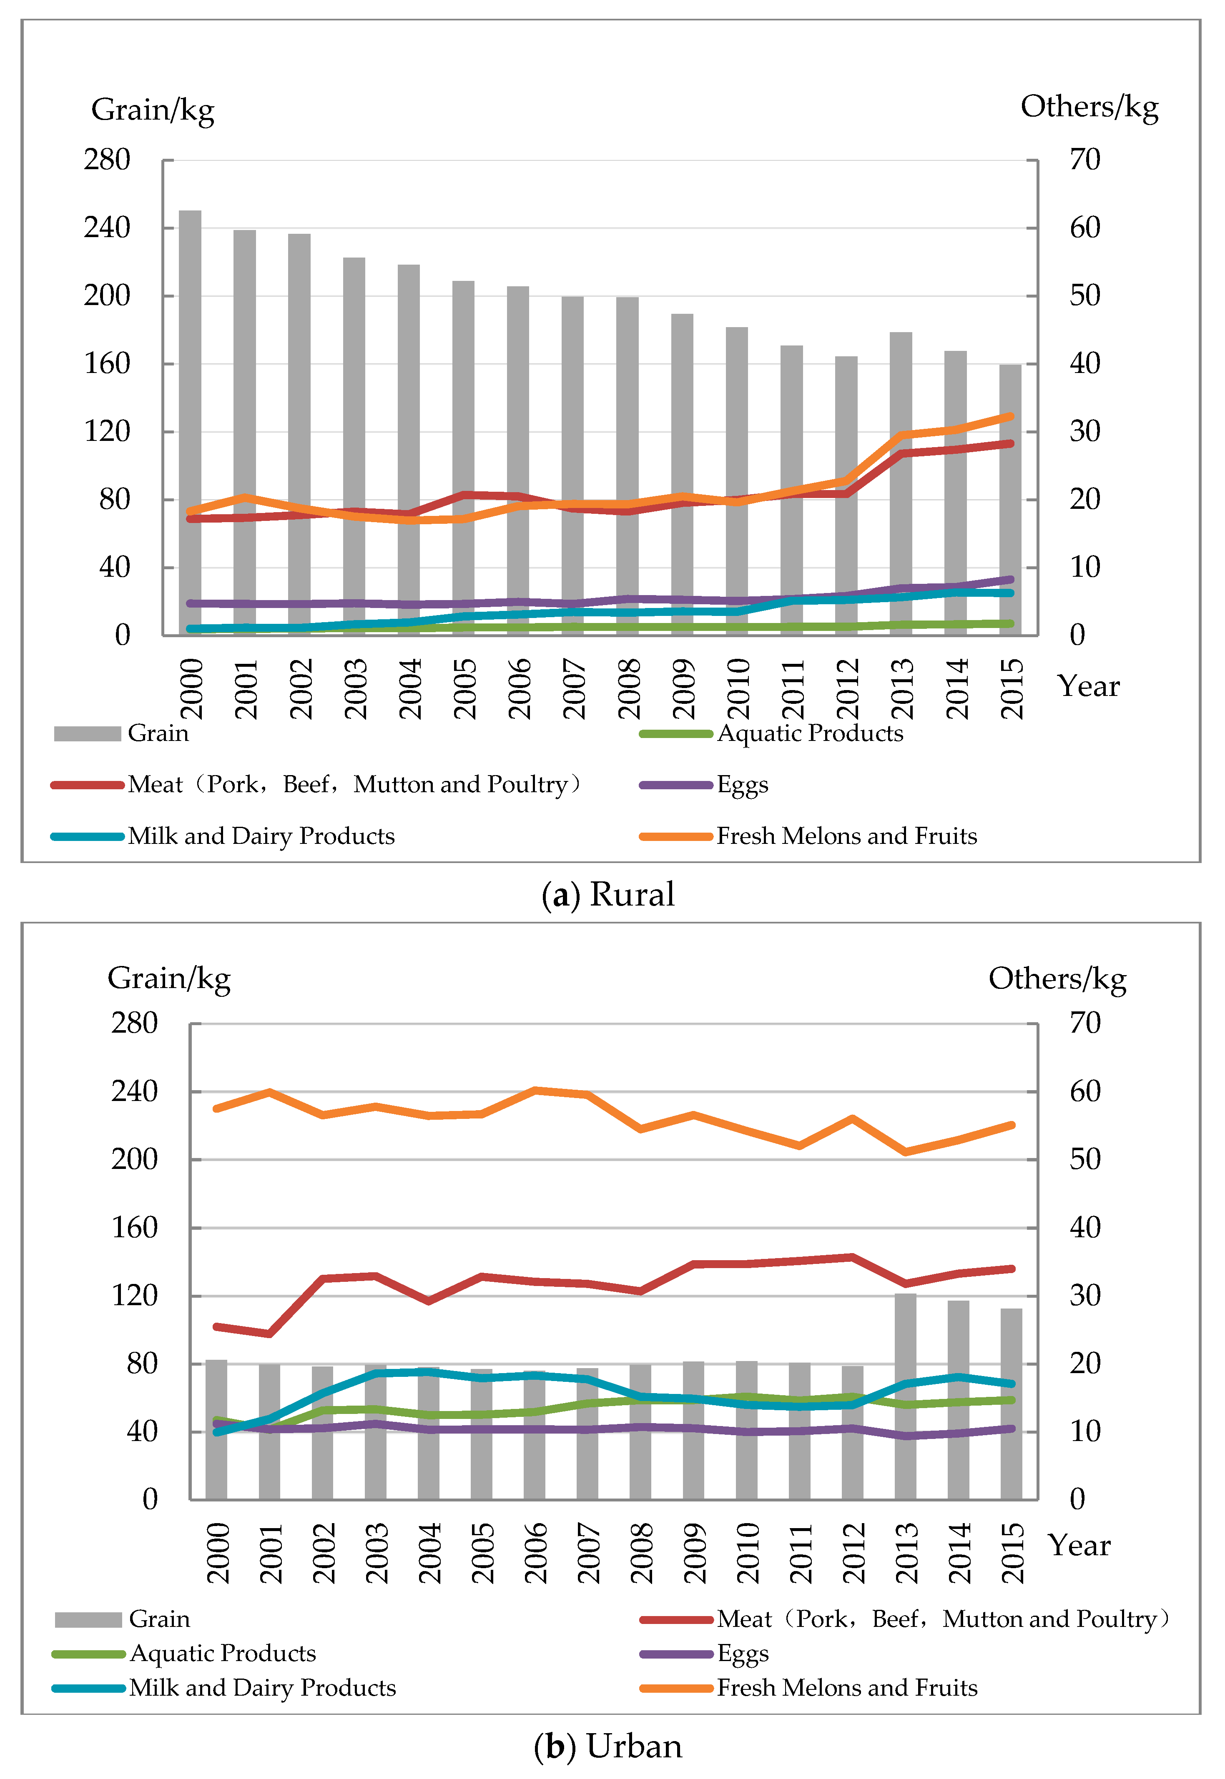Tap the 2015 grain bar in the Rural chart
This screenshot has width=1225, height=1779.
coord(1010,499)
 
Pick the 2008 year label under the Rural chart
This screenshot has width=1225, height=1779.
coord(629,688)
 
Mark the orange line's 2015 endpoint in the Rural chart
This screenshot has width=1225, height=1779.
coord(1010,417)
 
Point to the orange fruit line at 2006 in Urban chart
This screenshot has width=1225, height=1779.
coord(535,1090)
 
